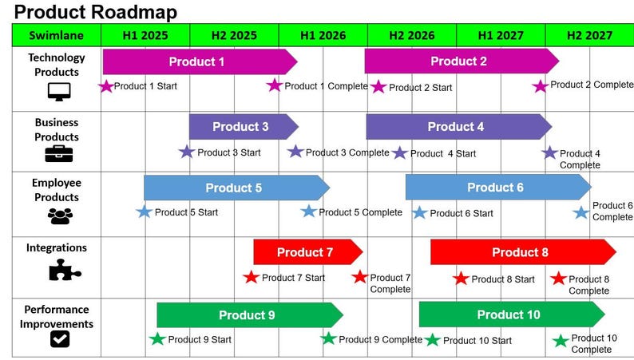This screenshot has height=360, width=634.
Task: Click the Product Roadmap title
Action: pyautogui.click(x=96, y=12)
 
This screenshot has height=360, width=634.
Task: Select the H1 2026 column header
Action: pyautogui.click(x=323, y=35)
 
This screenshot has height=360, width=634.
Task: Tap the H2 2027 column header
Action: pyautogui.click(x=589, y=35)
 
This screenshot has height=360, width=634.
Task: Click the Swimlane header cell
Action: pyautogui.click(x=56, y=35)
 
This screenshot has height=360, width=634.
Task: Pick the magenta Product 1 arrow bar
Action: pyautogui.click(x=198, y=61)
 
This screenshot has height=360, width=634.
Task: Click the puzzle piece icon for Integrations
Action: pyautogui.click(x=64, y=272)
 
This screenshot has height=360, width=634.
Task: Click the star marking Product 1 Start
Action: pyautogui.click(x=106, y=86)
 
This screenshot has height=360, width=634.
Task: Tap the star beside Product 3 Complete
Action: pyautogui.click(x=295, y=152)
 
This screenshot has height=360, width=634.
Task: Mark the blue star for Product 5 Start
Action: pyautogui.click(x=144, y=212)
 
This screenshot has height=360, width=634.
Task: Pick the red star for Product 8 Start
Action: pyautogui.click(x=461, y=279)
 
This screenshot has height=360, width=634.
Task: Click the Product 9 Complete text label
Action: pyautogui.click(x=380, y=339)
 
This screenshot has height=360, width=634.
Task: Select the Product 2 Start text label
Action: pyautogui.click(x=420, y=88)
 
